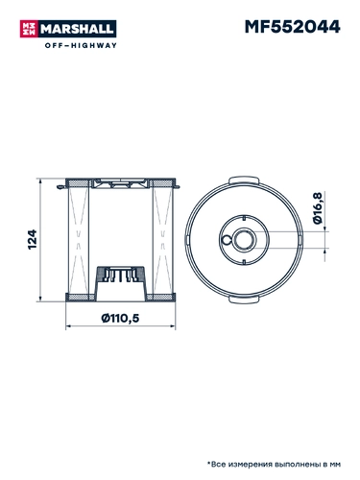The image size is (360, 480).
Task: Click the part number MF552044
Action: (x=292, y=27)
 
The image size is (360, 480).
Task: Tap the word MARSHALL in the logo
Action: (x=77, y=29)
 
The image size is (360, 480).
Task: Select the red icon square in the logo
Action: (x=29, y=29)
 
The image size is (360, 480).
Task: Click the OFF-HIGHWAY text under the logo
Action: (x=81, y=45)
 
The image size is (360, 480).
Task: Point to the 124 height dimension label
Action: (x=33, y=239)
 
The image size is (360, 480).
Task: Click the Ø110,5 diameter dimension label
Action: (x=120, y=318)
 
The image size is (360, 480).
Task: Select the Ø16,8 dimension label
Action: (x=317, y=208)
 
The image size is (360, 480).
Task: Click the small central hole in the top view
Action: (x=244, y=240)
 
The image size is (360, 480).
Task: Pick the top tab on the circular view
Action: (x=244, y=180)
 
